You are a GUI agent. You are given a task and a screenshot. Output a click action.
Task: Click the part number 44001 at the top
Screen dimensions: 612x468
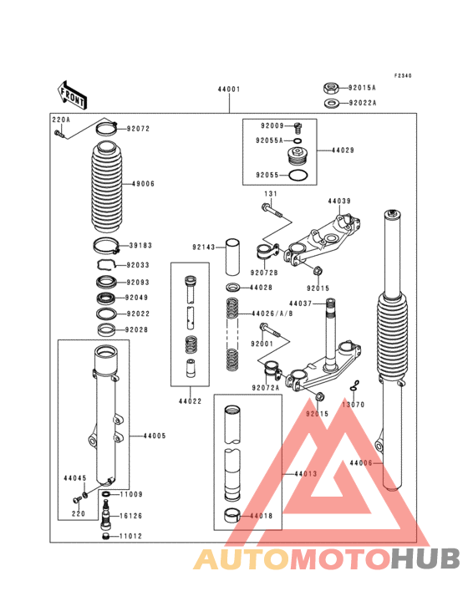[x=229, y=89]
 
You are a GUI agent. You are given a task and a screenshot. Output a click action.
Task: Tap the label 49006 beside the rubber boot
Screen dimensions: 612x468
[x=143, y=183]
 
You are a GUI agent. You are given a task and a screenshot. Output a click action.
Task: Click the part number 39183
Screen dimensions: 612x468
[x=139, y=246]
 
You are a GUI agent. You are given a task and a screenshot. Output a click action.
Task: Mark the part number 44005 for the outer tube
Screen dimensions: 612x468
[x=155, y=436]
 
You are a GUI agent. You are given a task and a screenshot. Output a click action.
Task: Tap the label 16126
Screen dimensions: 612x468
[x=132, y=517]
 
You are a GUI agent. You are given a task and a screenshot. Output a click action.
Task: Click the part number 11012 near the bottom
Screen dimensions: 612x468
[x=132, y=536]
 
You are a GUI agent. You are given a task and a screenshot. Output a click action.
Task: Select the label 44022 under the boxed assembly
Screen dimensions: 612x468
[x=189, y=400]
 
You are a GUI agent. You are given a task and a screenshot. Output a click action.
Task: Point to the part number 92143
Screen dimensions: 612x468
[x=203, y=247]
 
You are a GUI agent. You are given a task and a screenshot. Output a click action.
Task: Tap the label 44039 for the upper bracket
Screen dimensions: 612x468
[x=338, y=201]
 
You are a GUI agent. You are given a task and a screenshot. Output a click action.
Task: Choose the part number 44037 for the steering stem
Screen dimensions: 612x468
[x=300, y=303]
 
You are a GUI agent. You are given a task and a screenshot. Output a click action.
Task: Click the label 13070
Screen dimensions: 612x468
[x=354, y=405]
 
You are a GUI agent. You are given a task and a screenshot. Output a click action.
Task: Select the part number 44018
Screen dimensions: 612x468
[x=260, y=516]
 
